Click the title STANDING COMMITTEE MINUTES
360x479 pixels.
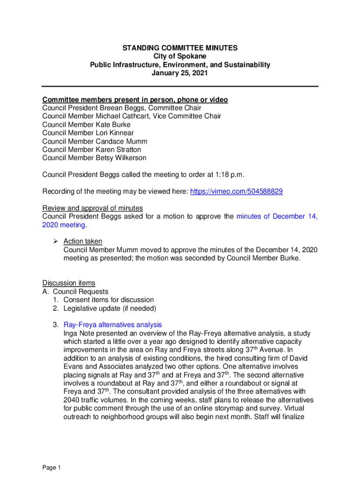point(180,48)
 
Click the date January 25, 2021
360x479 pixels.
point(180,73)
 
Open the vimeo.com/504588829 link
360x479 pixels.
point(236,192)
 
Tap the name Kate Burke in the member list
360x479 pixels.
point(113,124)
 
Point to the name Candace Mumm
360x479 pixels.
point(122,141)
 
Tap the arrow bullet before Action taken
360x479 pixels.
point(55,241)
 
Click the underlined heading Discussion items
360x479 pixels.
point(69,283)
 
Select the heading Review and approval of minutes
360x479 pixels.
point(93,208)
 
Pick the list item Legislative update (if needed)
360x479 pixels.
point(110,308)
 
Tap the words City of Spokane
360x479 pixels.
point(180,56)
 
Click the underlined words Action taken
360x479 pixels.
point(83,241)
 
